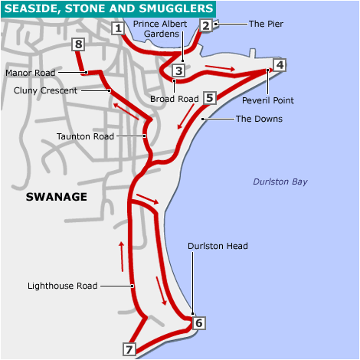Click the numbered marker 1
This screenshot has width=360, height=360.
point(118,29)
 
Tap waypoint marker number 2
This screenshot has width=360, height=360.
point(205,25)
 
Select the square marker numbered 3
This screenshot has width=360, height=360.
point(178,71)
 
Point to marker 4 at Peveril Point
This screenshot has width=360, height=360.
point(280,65)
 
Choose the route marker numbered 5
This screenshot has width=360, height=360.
point(210,98)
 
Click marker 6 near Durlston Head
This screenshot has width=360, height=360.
point(199,322)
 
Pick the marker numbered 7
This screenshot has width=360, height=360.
point(129,349)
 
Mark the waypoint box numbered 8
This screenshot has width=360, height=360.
point(78,45)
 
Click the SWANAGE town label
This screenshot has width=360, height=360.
point(56,197)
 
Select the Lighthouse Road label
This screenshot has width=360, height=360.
point(62,286)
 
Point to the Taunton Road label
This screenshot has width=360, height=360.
point(85,136)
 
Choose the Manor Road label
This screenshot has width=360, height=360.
point(31,73)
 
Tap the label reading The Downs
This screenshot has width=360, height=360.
point(258,119)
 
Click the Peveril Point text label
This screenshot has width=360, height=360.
point(267,100)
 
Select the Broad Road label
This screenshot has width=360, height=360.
point(175,100)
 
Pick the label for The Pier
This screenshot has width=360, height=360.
point(266,25)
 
